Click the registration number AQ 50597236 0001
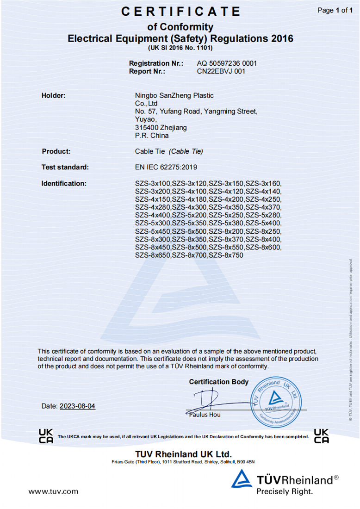point(227,63)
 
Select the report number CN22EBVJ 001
point(221,71)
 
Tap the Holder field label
point(54,95)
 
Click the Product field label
point(56,151)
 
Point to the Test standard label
point(65,167)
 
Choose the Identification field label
point(64,183)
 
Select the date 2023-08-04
point(77,406)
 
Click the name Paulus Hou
point(205,415)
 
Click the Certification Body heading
point(218,382)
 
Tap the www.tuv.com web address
point(53,491)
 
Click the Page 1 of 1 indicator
point(335,10)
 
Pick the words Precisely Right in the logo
point(285,491)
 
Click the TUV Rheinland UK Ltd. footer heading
point(183,453)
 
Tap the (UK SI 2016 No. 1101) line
point(180,48)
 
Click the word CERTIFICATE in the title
point(180,12)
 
